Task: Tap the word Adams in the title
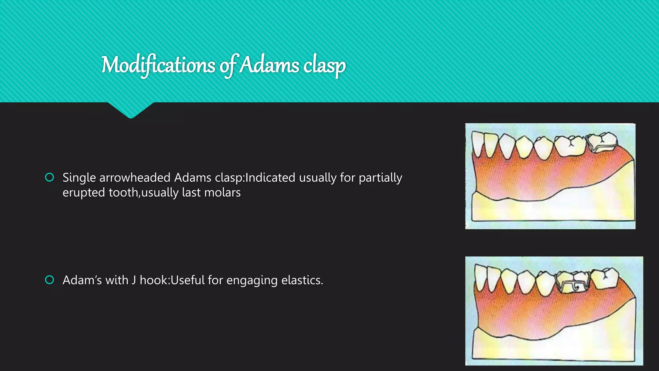coord(270,65)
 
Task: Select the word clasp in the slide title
coord(324,66)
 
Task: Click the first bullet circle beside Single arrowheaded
coord(50,177)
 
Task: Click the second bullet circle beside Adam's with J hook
coord(50,280)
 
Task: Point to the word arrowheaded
coord(135,178)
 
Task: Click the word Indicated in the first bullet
coord(270,178)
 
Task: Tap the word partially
coord(380,178)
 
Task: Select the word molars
coord(222,193)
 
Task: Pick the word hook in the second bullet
coord(154,280)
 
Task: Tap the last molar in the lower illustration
coord(605,278)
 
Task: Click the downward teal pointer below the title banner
coord(131,110)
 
